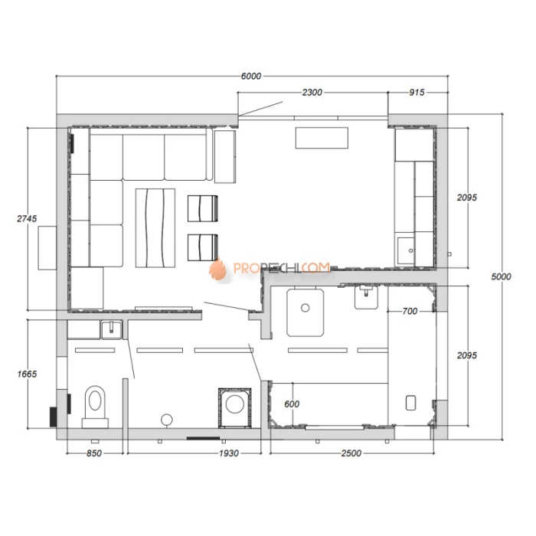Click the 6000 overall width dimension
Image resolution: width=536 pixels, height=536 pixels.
(251, 76)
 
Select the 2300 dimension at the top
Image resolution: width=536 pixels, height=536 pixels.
(312, 93)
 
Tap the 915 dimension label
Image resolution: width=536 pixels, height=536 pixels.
(417, 93)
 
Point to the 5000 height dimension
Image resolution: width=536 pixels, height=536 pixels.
(501, 276)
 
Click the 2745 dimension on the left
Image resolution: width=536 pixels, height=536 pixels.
(27, 218)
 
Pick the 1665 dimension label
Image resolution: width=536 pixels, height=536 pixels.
(27, 374)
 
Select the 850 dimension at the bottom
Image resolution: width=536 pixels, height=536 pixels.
(94, 453)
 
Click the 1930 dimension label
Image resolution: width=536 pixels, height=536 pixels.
(229, 453)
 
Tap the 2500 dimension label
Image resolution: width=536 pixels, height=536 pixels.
(351, 453)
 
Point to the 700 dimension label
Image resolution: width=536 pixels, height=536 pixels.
(410, 311)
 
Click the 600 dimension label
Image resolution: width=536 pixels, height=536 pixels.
(292, 404)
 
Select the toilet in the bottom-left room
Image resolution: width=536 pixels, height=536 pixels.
(95, 407)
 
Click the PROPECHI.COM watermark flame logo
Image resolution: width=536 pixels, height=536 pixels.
(217, 269)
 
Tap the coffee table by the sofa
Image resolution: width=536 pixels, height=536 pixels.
(155, 228)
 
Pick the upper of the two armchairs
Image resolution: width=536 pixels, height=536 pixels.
(203, 208)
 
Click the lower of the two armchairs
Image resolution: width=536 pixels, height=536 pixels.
(203, 247)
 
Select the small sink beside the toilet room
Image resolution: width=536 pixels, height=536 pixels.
(111, 330)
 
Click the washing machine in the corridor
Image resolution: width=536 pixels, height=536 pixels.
(235, 407)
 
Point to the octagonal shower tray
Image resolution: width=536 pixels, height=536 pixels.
(306, 312)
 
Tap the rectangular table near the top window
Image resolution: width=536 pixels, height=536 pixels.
(322, 138)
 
